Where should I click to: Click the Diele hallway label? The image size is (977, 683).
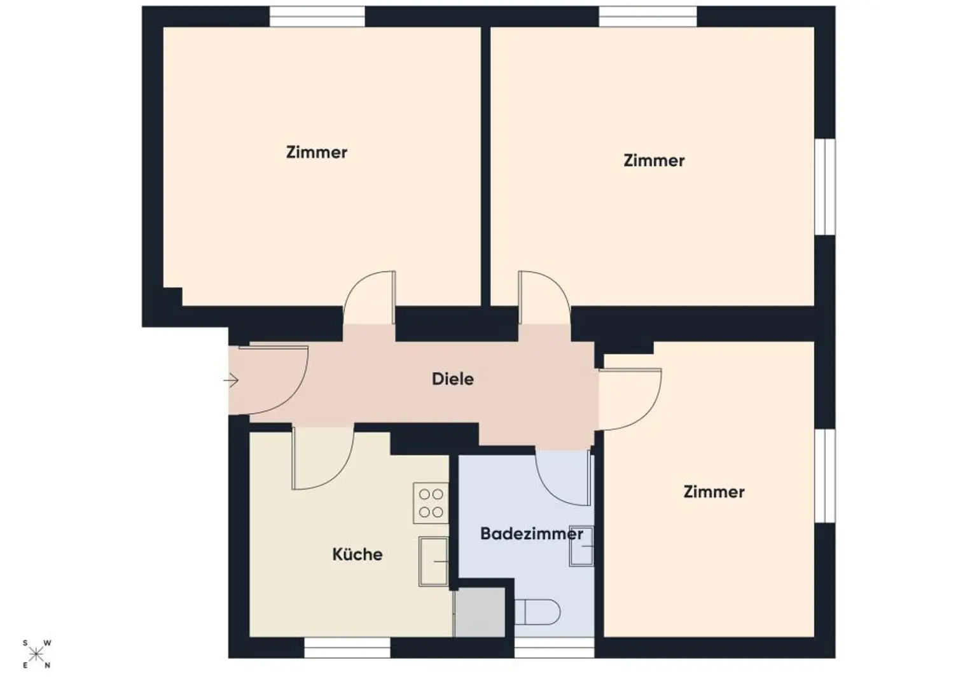(x=452, y=379)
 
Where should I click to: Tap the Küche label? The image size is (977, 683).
(x=357, y=555)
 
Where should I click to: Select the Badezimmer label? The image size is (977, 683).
(x=532, y=534)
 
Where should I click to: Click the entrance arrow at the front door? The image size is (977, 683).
(x=231, y=380)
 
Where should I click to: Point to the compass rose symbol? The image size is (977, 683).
(x=37, y=654)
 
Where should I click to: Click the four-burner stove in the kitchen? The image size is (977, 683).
(x=431, y=503)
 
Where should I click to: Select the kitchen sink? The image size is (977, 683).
(x=434, y=562)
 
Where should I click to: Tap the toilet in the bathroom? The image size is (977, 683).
(x=537, y=612)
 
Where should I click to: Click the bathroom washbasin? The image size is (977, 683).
(x=581, y=546)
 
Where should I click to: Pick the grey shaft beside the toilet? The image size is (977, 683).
(x=480, y=612)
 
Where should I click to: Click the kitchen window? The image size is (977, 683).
(x=347, y=648)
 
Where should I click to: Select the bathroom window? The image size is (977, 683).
(x=555, y=648)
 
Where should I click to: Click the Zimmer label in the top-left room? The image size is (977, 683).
(x=317, y=152)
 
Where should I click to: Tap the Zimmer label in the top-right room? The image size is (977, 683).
(x=654, y=160)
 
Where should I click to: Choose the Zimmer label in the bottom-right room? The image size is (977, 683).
(x=714, y=492)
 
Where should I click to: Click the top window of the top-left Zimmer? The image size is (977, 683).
(x=317, y=16)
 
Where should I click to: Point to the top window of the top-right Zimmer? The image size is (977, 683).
(x=648, y=16)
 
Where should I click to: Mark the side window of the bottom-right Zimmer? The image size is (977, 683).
(x=825, y=476)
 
